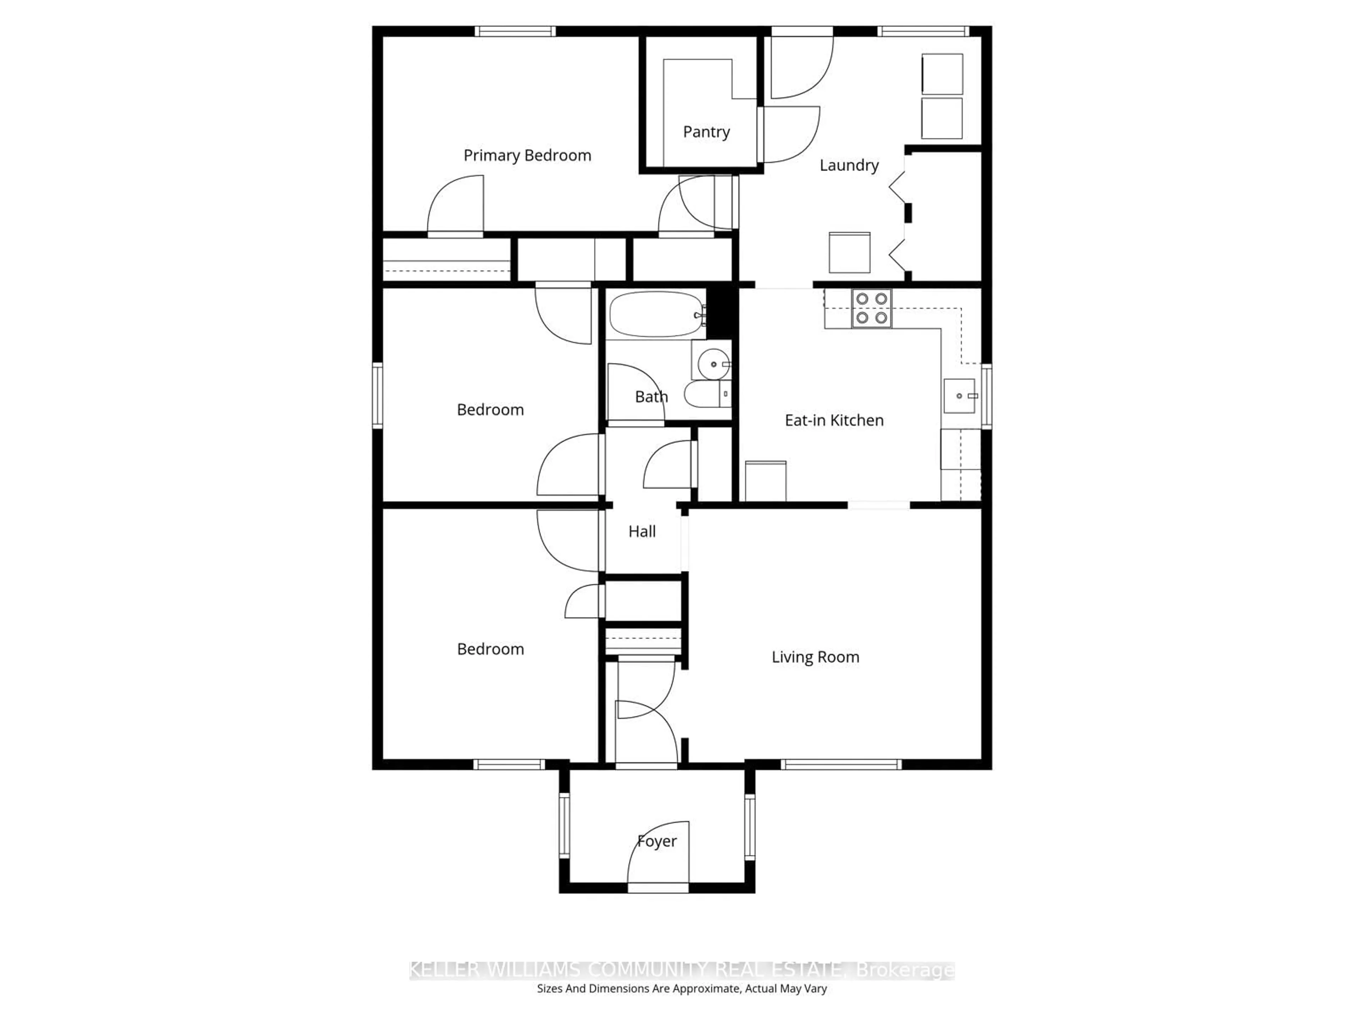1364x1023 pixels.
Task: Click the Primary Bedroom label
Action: pyautogui.click(x=527, y=155)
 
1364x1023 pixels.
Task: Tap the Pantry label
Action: pyautogui.click(x=706, y=132)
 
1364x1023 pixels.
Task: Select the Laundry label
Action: pyautogui.click(x=849, y=165)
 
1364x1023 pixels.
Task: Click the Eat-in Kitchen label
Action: pyautogui.click(x=834, y=421)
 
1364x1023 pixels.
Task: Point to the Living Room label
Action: pyautogui.click(x=815, y=657)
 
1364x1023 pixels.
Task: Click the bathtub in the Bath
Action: pyautogui.click(x=655, y=314)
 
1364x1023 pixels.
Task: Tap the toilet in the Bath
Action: pyautogui.click(x=706, y=394)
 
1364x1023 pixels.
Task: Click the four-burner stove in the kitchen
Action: pyautogui.click(x=871, y=308)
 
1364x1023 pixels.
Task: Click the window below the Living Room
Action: pyautogui.click(x=841, y=765)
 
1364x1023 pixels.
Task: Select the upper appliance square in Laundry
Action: pyautogui.click(x=942, y=74)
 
